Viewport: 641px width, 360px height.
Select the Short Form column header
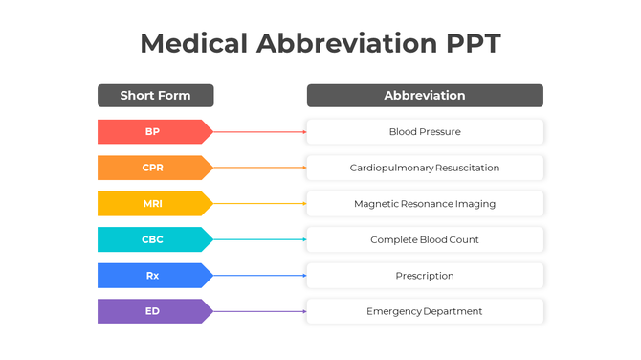155,96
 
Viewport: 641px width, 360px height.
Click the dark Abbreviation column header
425,96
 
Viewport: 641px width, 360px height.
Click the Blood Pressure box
425,131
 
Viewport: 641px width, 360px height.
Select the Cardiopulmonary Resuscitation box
425,168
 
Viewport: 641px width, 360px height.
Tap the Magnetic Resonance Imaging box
425,203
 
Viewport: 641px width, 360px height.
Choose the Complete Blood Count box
425,239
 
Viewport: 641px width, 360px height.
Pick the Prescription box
425,276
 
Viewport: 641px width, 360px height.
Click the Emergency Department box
425,311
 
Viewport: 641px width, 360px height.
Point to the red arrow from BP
259,131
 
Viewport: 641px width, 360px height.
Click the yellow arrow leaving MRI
259,203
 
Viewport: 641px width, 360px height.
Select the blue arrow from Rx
259,276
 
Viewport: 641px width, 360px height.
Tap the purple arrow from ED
259,311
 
